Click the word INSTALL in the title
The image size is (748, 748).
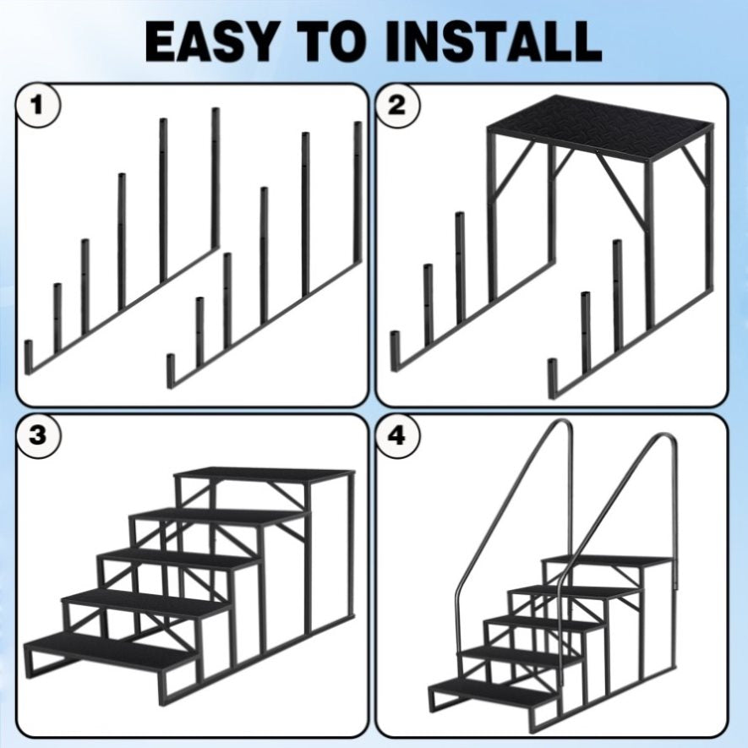click(x=494, y=41)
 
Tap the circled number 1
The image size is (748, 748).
click(x=38, y=105)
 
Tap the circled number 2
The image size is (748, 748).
click(x=397, y=105)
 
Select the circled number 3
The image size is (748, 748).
click(x=38, y=435)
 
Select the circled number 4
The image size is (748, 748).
click(x=397, y=435)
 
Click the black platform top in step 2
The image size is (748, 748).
click(x=600, y=128)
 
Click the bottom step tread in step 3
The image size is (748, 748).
click(x=112, y=650)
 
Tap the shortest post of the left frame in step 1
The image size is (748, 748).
click(x=29, y=357)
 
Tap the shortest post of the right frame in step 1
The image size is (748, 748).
click(x=172, y=371)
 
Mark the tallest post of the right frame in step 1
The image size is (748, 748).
click(x=358, y=191)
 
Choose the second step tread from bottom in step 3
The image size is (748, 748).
click(x=147, y=603)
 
